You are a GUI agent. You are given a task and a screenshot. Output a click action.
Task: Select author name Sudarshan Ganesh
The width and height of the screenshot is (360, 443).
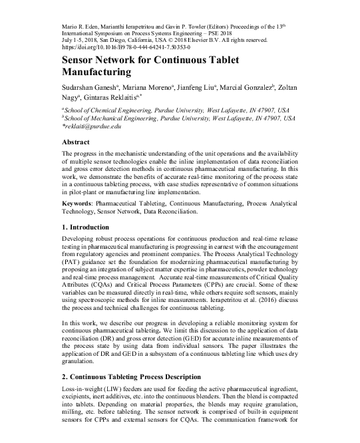89,88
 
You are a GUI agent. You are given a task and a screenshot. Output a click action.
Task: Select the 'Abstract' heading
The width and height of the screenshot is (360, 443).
75,142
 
